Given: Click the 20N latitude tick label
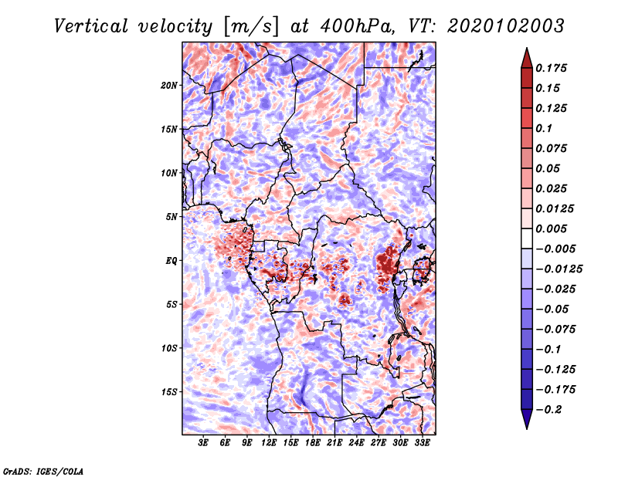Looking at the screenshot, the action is [169, 86].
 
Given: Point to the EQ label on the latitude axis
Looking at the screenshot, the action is [171, 261].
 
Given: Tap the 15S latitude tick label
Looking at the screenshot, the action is [169, 392].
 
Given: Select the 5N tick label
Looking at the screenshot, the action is [171, 217].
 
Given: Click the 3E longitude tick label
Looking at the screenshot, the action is [203, 443].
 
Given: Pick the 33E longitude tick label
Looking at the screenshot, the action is [422, 443].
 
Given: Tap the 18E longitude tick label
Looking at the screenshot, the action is [313, 443].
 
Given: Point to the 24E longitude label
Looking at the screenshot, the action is [356, 443].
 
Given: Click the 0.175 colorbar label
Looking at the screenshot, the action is [551, 68].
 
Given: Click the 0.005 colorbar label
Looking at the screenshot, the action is [551, 228].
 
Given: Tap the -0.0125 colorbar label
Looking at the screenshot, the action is [559, 269].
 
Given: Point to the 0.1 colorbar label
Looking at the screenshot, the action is [544, 128].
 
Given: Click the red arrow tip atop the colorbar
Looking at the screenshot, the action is [527, 48].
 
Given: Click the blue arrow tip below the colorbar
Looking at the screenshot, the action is [527, 428].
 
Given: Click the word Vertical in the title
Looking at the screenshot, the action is [91, 26].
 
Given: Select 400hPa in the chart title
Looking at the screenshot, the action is [357, 26].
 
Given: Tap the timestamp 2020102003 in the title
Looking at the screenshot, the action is [506, 26].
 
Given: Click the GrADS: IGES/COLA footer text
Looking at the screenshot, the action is [43, 472].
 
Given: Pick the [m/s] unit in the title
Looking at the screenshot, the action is [251, 26].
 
